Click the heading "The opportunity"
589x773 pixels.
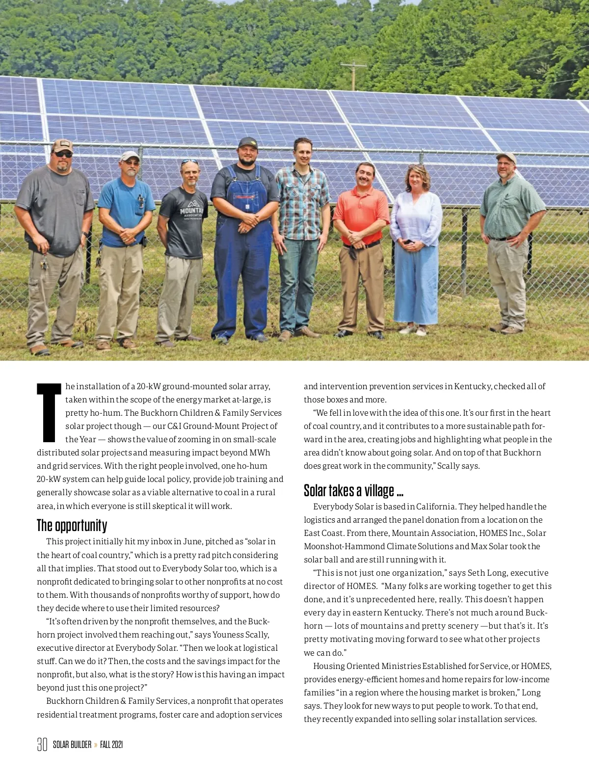tap(72, 526)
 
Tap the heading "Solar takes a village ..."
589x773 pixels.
tap(353, 490)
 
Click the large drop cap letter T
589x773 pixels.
tap(49, 412)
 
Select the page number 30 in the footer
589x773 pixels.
tap(42, 745)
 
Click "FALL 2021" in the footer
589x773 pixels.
tap(111, 745)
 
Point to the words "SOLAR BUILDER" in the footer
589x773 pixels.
tap(72, 745)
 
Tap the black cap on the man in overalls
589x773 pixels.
tap(248, 143)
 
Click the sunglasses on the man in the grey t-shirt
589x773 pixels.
tap(63, 154)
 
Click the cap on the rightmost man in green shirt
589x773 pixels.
tap(506, 157)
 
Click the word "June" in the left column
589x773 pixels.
tap(192, 541)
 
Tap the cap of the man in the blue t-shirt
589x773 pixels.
tap(130, 156)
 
